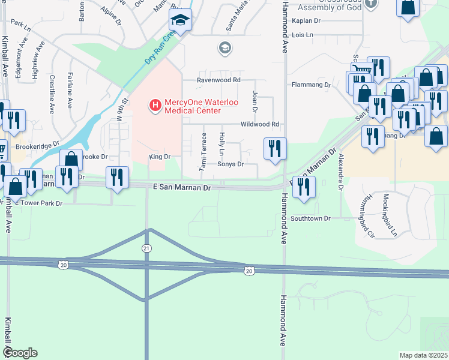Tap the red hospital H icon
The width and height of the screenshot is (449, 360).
coord(155,106)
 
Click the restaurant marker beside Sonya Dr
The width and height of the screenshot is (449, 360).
coord(275,149)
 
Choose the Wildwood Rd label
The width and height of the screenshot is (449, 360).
coord(260,124)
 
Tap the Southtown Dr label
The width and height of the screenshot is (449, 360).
coord(310,218)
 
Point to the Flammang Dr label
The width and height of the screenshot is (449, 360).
coord(311,85)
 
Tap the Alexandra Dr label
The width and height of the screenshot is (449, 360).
coord(340,172)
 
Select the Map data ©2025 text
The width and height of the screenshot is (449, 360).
coord(423,355)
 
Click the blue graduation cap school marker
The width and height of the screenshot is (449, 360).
coord(180,20)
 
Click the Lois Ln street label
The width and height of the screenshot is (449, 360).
coord(302,35)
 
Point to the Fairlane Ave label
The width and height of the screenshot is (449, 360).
coord(70,90)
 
